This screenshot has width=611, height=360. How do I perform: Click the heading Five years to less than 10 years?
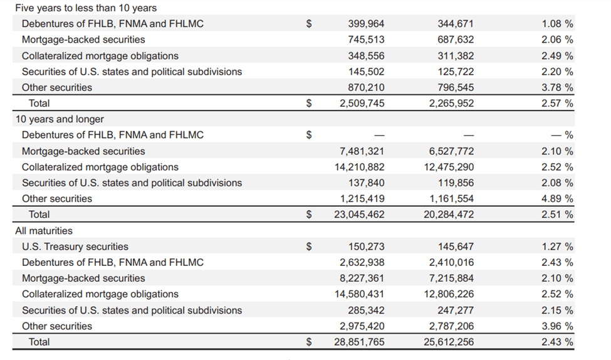point(86,8)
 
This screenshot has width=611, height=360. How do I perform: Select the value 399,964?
point(366,24)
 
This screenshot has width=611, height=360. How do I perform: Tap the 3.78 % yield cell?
point(557,87)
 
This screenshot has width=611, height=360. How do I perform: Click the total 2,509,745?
point(362,103)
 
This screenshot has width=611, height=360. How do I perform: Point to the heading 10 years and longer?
point(60,119)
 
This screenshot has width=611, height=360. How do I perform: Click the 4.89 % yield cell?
point(557,199)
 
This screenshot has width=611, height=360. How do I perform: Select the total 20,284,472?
point(449,214)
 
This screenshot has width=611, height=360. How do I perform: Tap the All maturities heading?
point(44,231)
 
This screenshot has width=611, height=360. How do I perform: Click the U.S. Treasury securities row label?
point(75,246)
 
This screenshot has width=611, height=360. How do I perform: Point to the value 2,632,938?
point(362,263)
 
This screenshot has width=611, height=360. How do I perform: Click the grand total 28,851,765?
point(359,342)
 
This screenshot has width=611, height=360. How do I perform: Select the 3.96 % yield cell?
point(557,326)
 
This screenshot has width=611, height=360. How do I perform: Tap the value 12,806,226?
point(449,294)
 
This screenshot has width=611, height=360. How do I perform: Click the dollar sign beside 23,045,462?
point(308,214)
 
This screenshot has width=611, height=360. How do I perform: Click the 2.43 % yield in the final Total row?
point(557,342)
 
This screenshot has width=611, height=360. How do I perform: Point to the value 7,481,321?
point(362,151)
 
